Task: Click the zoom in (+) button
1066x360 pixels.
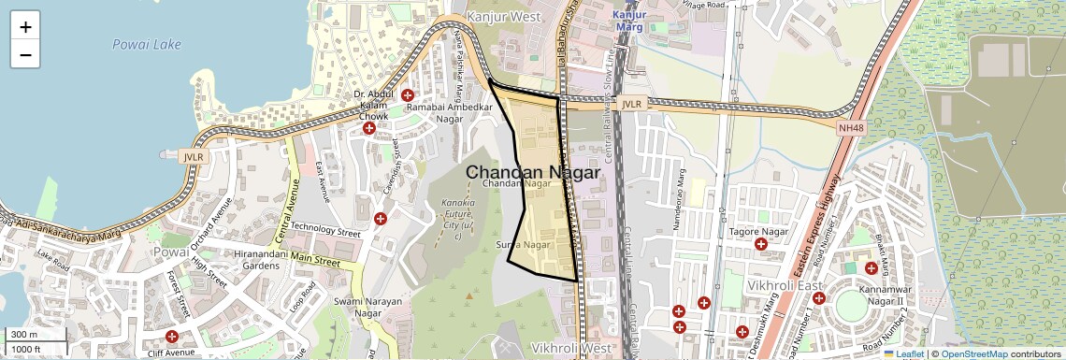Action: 25,27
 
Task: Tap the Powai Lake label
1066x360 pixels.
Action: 139,44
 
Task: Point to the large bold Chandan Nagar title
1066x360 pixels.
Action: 533,172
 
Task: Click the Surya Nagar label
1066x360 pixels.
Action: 522,245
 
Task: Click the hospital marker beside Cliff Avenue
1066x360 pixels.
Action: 171,337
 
